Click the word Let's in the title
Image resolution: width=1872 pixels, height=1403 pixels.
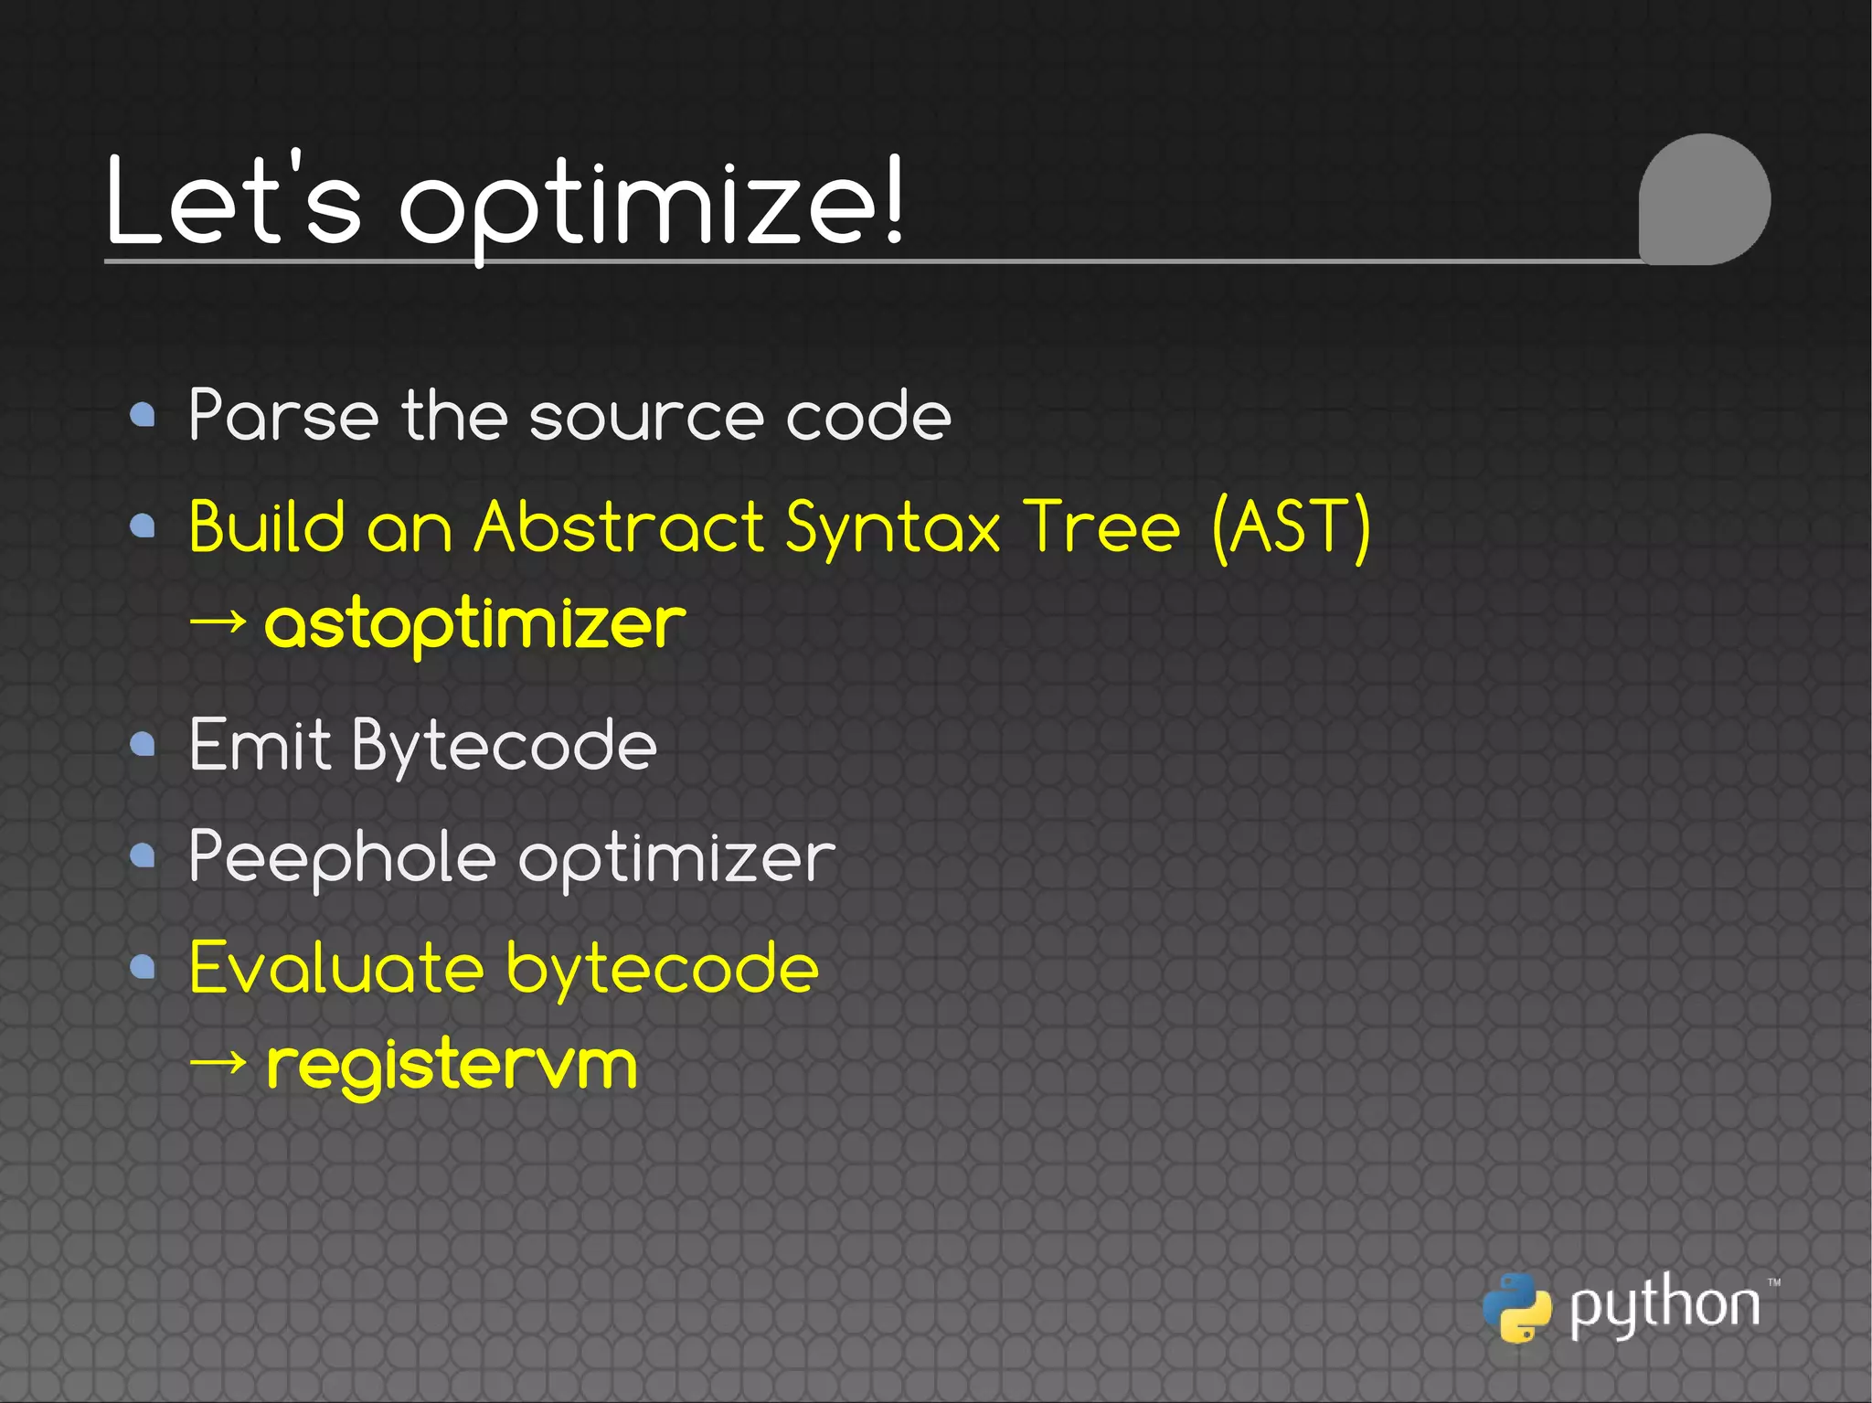(x=233, y=201)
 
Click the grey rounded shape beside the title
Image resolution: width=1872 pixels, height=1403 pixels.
(x=1704, y=199)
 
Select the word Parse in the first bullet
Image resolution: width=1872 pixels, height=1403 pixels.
(x=282, y=416)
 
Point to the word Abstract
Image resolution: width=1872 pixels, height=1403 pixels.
(x=619, y=527)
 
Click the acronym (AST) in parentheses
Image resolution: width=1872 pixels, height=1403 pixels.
(x=1291, y=527)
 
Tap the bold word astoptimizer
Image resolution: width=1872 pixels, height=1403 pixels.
(x=474, y=624)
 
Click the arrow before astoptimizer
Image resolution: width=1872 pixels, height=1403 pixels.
(x=218, y=622)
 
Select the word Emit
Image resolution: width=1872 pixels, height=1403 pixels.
(x=259, y=745)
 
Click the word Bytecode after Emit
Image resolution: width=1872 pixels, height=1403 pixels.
(x=504, y=748)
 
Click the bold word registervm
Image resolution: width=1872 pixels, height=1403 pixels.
(x=452, y=1065)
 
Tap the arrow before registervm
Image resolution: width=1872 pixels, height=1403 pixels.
(x=218, y=1062)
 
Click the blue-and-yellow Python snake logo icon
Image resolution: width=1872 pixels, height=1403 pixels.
(x=1516, y=1307)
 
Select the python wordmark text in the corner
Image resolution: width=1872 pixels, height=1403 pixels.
(x=1665, y=1305)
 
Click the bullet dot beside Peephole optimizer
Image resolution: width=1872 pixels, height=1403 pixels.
(x=143, y=856)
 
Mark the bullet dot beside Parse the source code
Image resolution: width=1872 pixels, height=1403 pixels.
(x=143, y=416)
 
